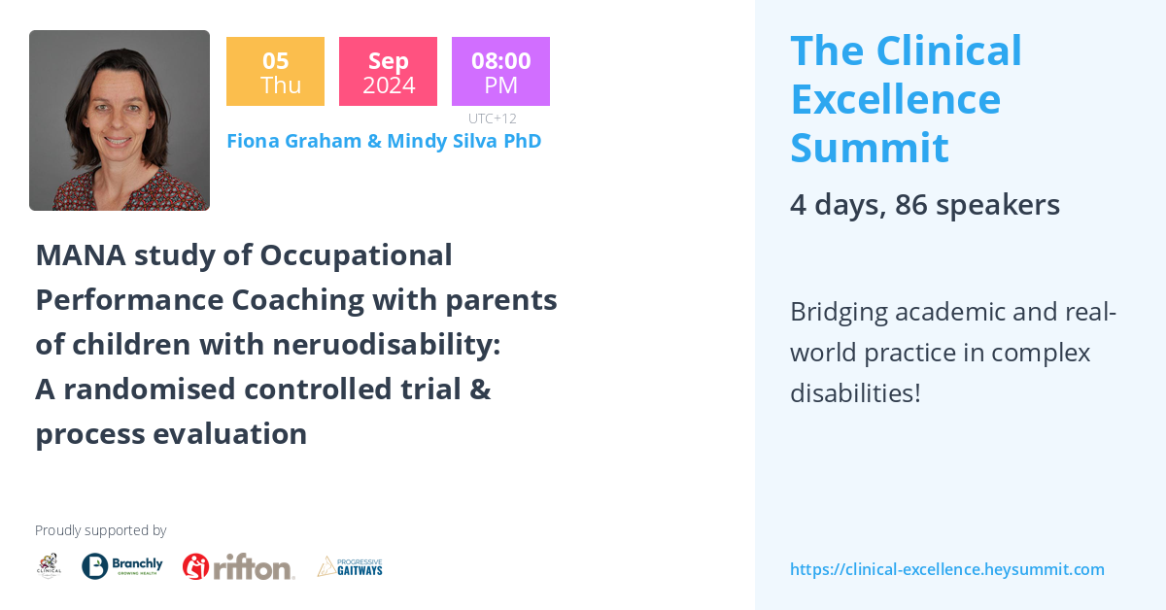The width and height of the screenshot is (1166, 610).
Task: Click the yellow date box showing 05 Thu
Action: coord(275,72)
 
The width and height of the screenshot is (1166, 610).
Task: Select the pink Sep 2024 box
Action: coord(388,72)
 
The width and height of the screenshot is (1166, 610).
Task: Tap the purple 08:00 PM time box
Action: coord(500,72)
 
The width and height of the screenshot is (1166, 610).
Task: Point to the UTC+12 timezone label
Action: coord(492,119)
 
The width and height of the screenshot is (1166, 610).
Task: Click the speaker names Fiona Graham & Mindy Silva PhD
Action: coord(384,141)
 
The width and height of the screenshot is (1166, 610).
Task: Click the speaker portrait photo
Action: coord(120,120)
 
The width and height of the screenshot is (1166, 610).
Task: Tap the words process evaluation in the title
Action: coord(171,433)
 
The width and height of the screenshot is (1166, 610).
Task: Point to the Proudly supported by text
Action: coord(100,530)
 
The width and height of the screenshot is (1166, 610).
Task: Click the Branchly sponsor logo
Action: coord(122,566)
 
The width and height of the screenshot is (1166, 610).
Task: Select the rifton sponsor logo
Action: coord(239,566)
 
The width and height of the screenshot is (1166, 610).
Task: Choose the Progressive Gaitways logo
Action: coord(350,566)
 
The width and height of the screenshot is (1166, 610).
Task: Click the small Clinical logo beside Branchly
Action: coord(49,566)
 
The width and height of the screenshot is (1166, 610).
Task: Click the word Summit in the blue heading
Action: coord(869,148)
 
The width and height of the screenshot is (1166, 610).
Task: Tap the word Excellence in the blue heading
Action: coord(895,99)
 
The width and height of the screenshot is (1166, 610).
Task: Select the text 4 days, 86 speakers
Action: coord(924,205)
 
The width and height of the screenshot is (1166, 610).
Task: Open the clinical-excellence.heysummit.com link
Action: coord(946,569)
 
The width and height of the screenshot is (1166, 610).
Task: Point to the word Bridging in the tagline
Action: coord(839,313)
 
